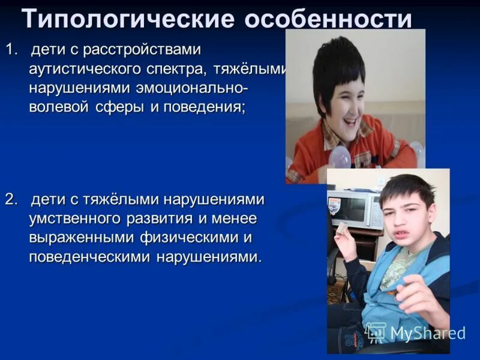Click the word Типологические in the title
127,20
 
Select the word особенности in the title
328,20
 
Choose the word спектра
181,68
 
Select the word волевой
59,108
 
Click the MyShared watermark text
427,334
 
